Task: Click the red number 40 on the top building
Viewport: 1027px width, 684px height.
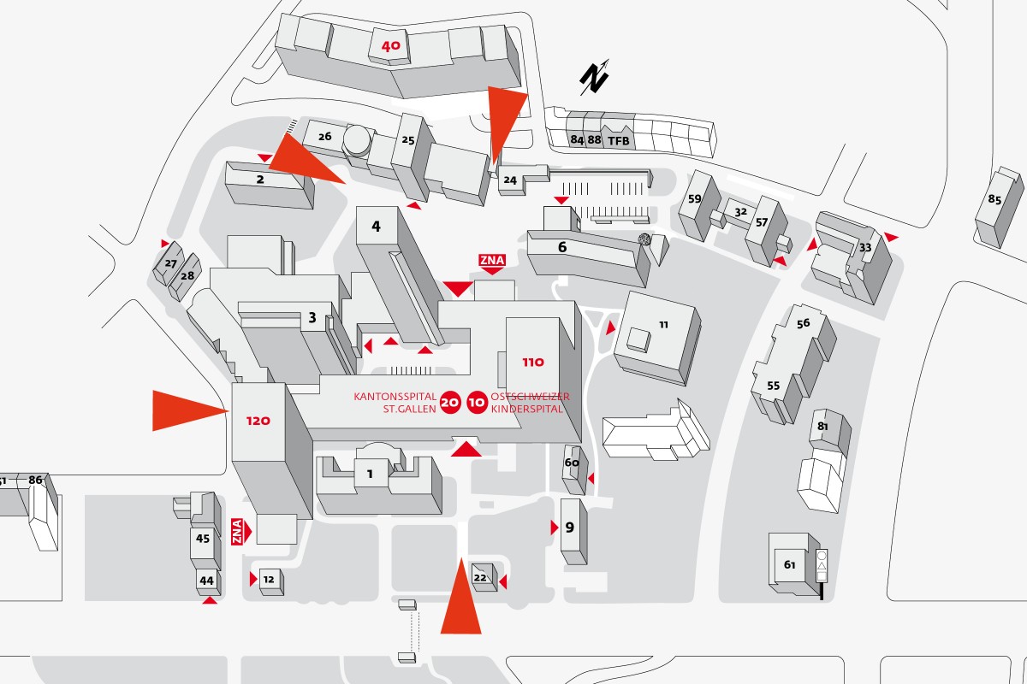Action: (389, 47)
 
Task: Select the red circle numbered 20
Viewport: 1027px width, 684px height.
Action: (451, 403)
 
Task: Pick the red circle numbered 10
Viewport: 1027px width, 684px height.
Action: (478, 403)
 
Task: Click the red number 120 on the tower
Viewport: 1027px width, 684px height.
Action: (258, 421)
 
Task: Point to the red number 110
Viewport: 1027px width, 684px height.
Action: (532, 362)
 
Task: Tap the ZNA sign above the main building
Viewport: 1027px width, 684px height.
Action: (492, 260)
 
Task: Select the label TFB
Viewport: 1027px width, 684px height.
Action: (618, 139)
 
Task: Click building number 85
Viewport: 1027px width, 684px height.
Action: (994, 200)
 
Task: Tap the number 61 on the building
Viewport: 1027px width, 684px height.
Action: (789, 564)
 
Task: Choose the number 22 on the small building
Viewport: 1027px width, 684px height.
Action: (480, 578)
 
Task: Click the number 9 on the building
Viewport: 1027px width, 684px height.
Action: (570, 527)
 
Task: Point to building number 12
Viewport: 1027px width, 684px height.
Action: (269, 580)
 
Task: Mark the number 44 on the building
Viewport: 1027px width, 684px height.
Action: (206, 581)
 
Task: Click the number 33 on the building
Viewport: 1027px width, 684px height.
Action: (865, 248)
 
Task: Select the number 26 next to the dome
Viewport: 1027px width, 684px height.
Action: (324, 136)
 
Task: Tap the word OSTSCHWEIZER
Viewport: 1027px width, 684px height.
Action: (531, 397)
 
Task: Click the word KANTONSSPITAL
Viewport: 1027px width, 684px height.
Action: (395, 397)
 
